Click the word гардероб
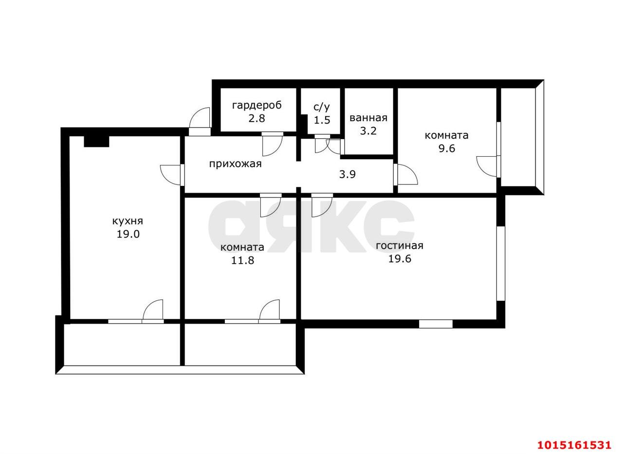tap(257, 106)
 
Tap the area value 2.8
tap(257, 118)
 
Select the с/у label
tap(322, 107)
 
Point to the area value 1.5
tap(322, 120)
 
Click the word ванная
tap(368, 118)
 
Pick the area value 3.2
tap(368, 131)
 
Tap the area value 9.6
tap(447, 148)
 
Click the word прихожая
tap(235, 164)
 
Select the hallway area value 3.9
tap(348, 175)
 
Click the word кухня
tap(128, 221)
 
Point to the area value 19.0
tap(128, 235)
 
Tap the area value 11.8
tap(242, 260)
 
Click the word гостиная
tap(400, 246)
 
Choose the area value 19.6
tap(400, 259)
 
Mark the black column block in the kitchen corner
tap(96, 142)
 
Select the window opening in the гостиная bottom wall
tap(436, 324)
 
